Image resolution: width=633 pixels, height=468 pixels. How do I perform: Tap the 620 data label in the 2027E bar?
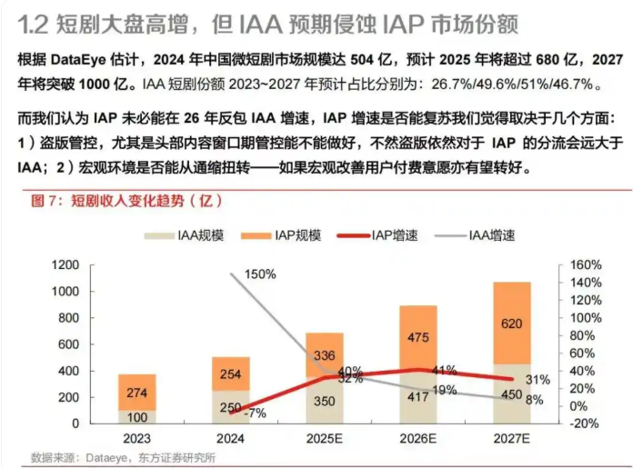click(512, 323)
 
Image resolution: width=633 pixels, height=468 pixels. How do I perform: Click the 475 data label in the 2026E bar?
click(418, 338)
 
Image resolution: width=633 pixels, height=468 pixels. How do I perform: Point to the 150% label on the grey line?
click(259, 274)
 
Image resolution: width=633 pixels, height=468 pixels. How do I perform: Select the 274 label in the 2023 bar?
click(136, 393)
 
